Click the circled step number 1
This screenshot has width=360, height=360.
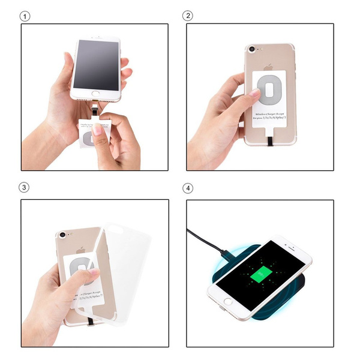pyautogui.click(x=25, y=16)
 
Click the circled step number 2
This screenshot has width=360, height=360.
pyautogui.click(x=190, y=16)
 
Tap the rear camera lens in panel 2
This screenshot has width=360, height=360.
pyautogui.click(x=250, y=49)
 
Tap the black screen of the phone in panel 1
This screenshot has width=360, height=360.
pyautogui.click(x=95, y=63)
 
